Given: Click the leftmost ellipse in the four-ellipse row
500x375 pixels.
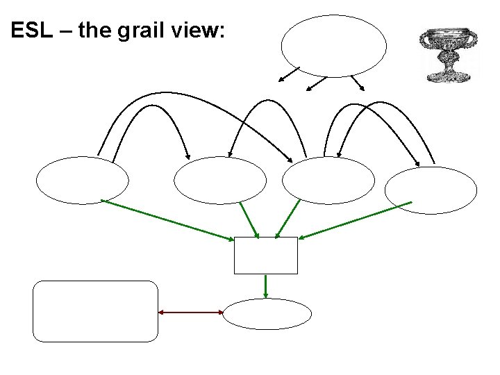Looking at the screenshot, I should pos(83,181).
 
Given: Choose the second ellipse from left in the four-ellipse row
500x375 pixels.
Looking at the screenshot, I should pos(220,181).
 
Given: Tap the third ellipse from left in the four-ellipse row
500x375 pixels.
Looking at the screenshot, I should pos(328,181).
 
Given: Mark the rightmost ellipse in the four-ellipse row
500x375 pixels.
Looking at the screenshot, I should pos(431,190).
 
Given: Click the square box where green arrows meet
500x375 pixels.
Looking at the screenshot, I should pos(266,256).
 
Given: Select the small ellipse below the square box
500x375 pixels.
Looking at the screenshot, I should pos(267,313).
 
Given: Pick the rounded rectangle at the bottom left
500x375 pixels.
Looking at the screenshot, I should pos(96,311).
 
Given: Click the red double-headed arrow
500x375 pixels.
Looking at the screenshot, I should pos(191,312).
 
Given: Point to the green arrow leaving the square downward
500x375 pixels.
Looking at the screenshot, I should pos(266,286).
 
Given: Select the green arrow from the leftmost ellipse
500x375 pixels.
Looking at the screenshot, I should pos(167,220).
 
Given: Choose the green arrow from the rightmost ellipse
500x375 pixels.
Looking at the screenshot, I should pos(356,220).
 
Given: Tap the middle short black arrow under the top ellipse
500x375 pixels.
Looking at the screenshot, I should pos(316,83).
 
